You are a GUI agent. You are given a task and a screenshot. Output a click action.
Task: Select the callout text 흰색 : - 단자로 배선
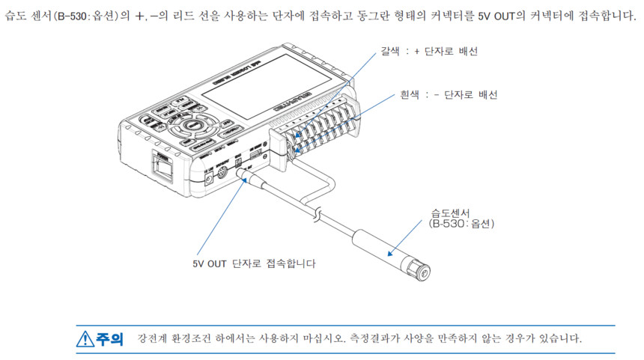click(x=447, y=95)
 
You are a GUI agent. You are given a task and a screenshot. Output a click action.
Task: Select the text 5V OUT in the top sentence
click(x=497, y=16)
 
